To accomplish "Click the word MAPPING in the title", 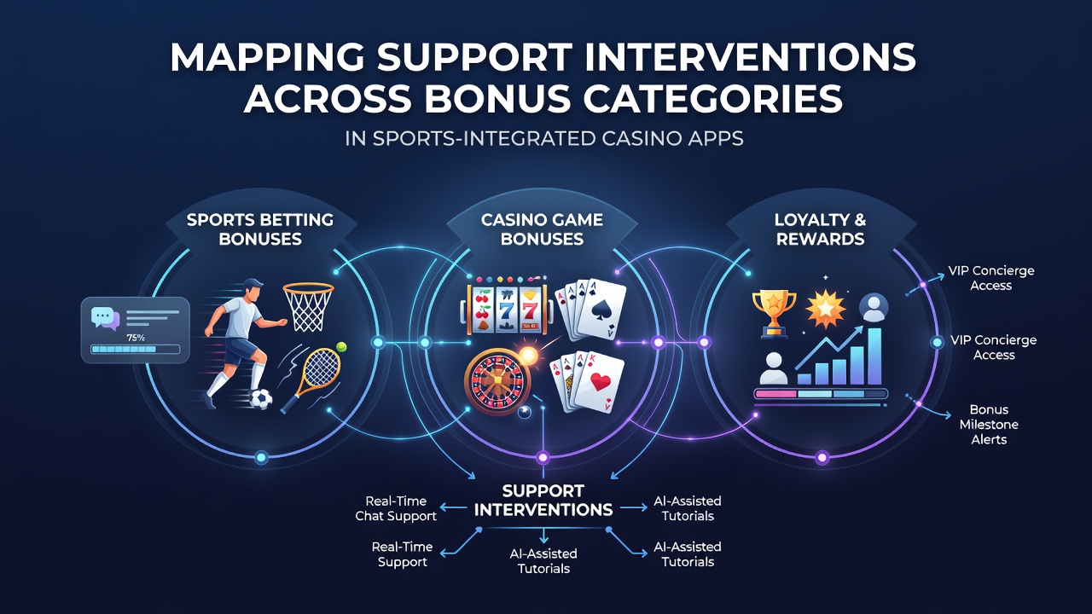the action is (x=267, y=57).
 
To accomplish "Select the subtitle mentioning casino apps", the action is (x=544, y=138).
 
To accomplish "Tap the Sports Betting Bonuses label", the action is (x=260, y=229).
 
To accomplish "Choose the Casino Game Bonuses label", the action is (x=542, y=229).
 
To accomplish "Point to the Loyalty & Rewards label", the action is (x=820, y=229).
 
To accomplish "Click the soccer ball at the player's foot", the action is (x=261, y=398).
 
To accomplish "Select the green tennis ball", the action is (x=341, y=347).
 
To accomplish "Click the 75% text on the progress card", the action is (x=135, y=337).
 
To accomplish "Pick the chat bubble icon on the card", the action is (x=105, y=319).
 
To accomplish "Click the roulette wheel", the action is (x=497, y=383).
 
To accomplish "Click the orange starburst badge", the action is (x=825, y=309).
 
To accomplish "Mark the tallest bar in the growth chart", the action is (x=874, y=356).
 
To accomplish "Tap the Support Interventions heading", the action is (x=543, y=501).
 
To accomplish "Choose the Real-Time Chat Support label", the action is (x=396, y=508).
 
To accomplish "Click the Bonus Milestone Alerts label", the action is (x=989, y=425).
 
